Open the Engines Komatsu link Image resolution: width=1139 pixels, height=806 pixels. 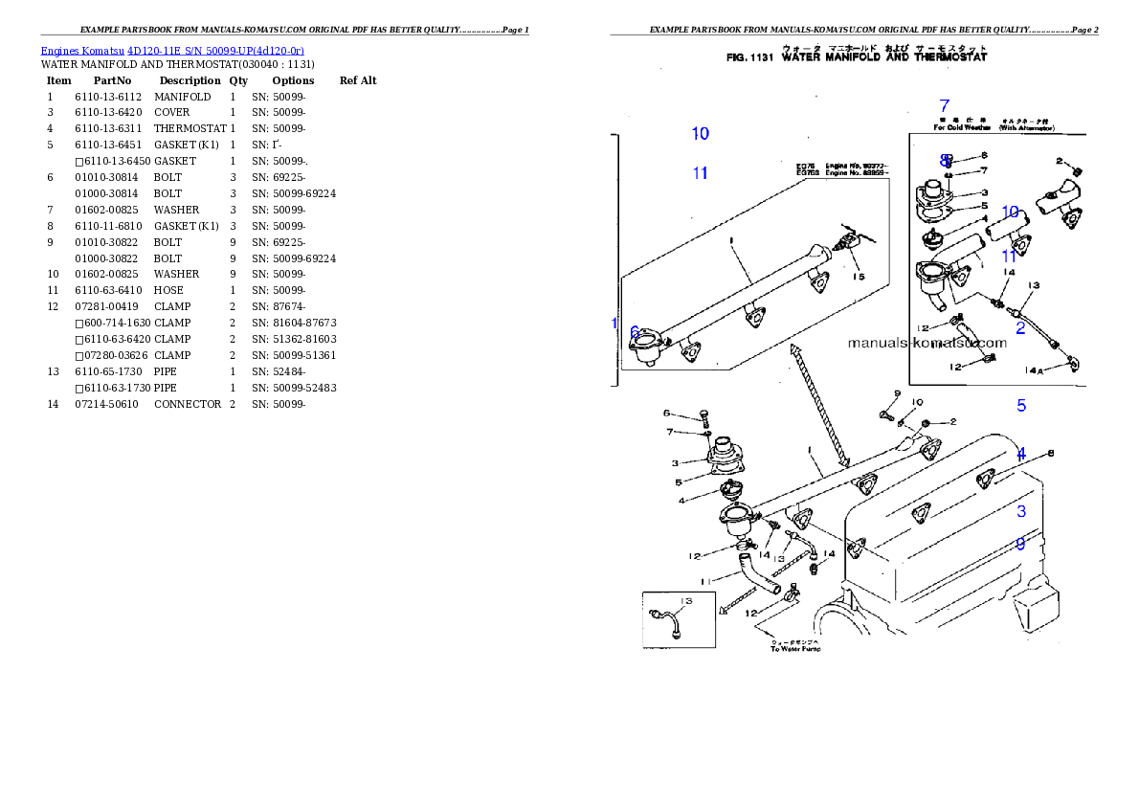click(x=82, y=50)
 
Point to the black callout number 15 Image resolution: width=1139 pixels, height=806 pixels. click(x=859, y=277)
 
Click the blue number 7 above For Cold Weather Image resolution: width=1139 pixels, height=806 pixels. click(x=944, y=106)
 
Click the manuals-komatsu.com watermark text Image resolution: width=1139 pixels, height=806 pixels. click(x=927, y=342)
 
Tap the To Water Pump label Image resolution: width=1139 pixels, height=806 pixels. click(x=795, y=649)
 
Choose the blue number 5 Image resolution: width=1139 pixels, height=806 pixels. click(x=1021, y=405)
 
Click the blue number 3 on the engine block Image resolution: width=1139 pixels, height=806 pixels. click(x=1021, y=511)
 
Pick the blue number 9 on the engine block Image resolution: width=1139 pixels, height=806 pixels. click(x=1020, y=544)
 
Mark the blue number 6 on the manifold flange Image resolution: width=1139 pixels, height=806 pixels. click(x=635, y=332)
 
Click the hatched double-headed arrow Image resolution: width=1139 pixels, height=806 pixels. click(x=819, y=407)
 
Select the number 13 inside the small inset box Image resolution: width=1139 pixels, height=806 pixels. click(x=685, y=601)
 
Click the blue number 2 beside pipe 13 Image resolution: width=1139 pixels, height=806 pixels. click(x=1020, y=328)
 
